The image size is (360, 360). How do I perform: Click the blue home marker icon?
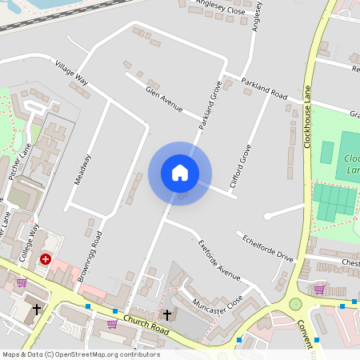click(180, 173)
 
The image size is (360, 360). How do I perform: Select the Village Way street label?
click(71, 72)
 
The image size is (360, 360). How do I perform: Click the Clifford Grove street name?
click(235, 166)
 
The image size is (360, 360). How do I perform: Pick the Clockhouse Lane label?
click(306, 120)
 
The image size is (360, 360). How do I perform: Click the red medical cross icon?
click(46, 259)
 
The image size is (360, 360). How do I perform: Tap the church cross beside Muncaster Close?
click(167, 314)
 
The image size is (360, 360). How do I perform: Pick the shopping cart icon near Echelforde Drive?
click(319, 289)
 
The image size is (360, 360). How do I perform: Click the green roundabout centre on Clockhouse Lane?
click(295, 304)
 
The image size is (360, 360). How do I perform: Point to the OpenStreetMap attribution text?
click(80, 354)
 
